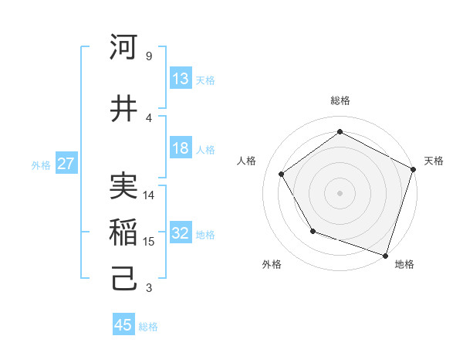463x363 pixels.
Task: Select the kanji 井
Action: click(x=123, y=108)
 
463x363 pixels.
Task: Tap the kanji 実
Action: click(x=123, y=185)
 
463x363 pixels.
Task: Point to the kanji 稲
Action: click(x=123, y=232)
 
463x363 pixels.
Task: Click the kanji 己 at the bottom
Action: click(x=123, y=278)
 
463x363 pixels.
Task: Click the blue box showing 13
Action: click(x=181, y=79)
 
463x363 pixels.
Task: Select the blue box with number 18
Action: click(x=181, y=149)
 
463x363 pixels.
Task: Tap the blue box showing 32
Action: click(x=181, y=234)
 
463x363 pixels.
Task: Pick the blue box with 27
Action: click(x=66, y=164)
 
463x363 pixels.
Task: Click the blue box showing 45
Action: click(x=123, y=325)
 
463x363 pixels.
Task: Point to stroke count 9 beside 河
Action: click(x=148, y=56)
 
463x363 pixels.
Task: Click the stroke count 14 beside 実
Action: click(x=150, y=195)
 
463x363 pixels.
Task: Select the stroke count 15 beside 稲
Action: click(x=150, y=242)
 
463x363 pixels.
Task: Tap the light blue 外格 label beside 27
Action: click(x=41, y=165)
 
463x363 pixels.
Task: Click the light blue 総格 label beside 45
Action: click(x=148, y=326)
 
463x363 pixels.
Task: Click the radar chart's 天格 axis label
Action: click(x=434, y=161)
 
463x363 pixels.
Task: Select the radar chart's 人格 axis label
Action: click(x=247, y=161)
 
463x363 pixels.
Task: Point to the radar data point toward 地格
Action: click(x=385, y=255)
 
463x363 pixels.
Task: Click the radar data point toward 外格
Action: click(x=313, y=231)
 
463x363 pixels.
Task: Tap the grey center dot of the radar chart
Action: click(x=340, y=192)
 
